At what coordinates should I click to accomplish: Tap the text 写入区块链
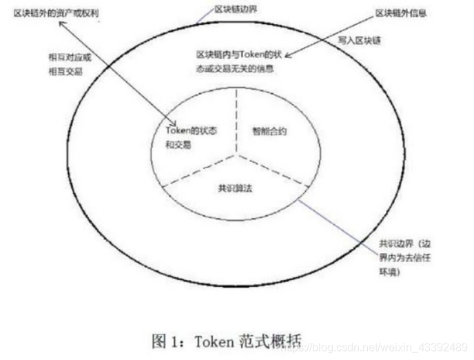(358, 41)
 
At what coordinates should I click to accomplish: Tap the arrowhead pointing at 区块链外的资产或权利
(61, 23)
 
